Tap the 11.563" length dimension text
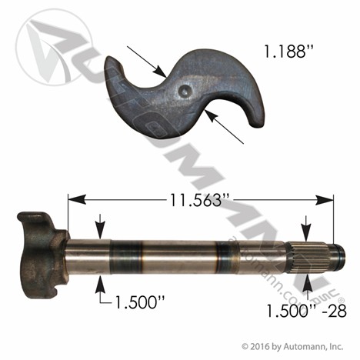(195, 199)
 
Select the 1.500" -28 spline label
(307, 311)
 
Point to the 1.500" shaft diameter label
(140, 302)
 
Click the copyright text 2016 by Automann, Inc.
(292, 347)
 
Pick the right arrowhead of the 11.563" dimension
(325, 199)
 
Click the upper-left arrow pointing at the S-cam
(147, 62)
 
